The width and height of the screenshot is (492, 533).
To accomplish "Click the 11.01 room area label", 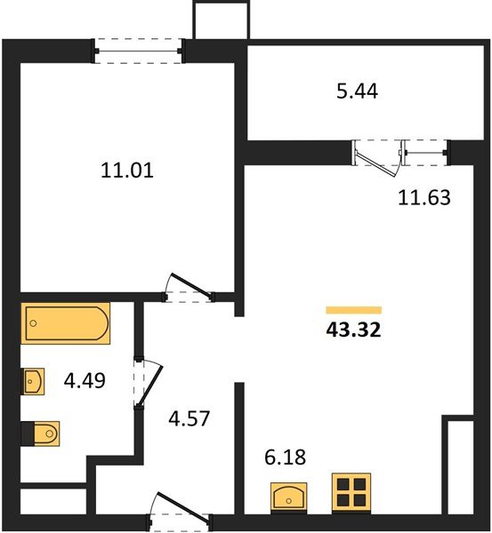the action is (127, 171).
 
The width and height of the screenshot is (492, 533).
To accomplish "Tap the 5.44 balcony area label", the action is (357, 91).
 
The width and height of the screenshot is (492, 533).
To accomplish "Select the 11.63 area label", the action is (423, 197).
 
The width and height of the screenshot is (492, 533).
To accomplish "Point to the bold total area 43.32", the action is (353, 330).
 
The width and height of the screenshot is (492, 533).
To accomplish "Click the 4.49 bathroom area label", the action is (85, 380).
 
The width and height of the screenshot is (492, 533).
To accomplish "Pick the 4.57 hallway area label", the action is (189, 418).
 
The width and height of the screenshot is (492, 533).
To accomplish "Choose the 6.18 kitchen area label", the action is (286, 457).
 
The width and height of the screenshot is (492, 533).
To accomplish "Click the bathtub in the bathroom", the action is (66, 323).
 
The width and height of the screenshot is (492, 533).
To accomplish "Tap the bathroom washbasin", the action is (33, 381).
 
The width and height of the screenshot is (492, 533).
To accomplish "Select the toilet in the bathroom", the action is (41, 434).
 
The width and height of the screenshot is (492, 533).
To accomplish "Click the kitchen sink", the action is (289, 497).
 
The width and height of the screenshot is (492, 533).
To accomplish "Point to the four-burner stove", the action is (351, 492).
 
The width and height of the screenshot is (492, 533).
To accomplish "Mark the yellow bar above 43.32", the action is (354, 310).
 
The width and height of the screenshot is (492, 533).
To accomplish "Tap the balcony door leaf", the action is (377, 163).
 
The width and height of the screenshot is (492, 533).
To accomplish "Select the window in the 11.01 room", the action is (138, 51).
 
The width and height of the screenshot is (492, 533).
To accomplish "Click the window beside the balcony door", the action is (425, 153).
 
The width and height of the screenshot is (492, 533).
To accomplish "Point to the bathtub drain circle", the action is (33, 323).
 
